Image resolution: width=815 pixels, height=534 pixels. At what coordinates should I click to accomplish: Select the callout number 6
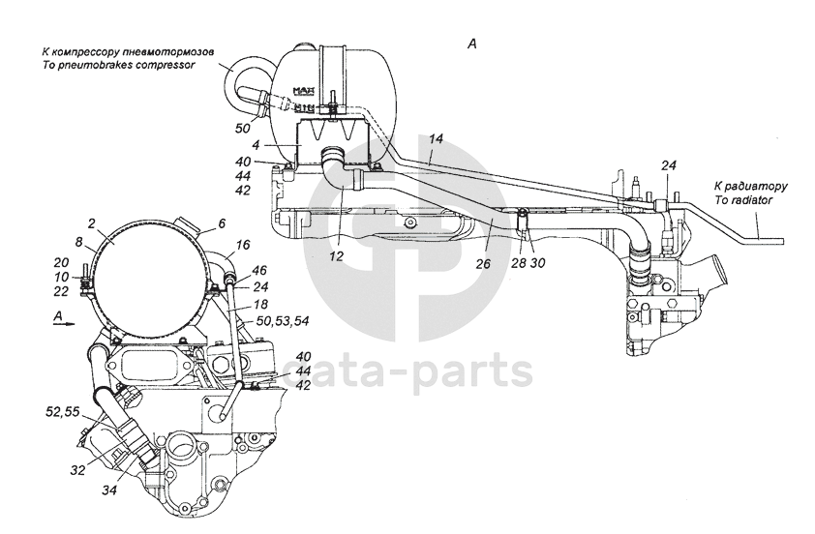point(222,222)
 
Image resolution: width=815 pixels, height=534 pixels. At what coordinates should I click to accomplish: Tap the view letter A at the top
point(472,43)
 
